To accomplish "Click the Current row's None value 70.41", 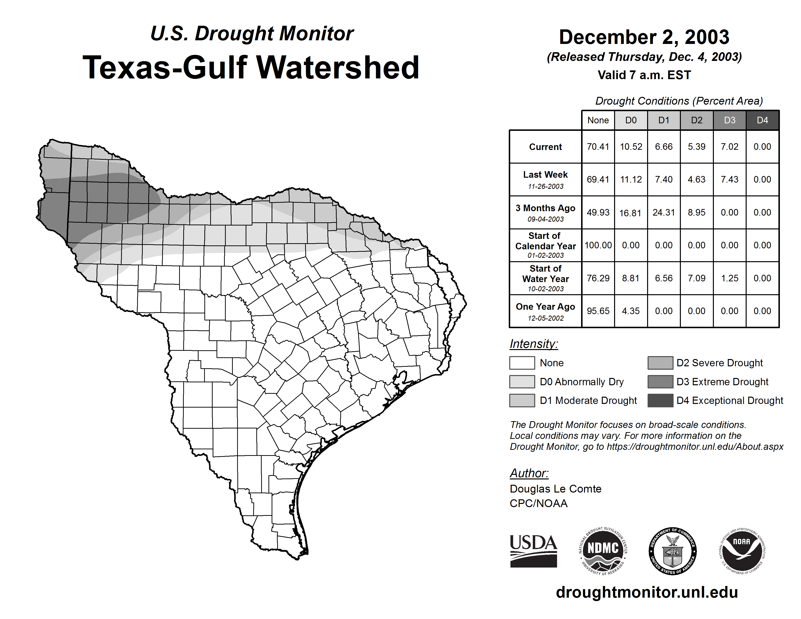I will click(598, 147).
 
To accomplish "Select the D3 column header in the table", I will click(729, 120).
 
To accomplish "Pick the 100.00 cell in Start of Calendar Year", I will click(598, 245).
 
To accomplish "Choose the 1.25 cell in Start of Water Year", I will click(729, 278).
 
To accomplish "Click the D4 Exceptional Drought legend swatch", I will click(660, 401).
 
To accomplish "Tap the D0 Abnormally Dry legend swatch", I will click(522, 381).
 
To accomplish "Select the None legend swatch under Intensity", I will click(522, 363).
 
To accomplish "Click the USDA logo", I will click(534, 551).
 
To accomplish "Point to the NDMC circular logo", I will click(603, 551).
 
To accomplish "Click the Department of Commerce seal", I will click(672, 551).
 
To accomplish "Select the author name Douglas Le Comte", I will click(555, 489).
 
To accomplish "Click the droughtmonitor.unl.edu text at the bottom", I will click(647, 592).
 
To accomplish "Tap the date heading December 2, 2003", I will click(644, 37).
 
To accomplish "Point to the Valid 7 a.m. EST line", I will click(644, 75).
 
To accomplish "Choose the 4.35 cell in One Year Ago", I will click(631, 311).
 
